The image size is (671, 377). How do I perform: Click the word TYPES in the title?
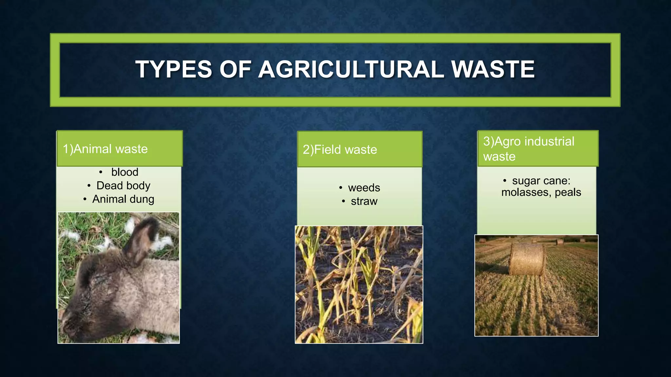tap(174, 69)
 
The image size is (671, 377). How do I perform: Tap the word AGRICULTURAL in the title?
tap(351, 69)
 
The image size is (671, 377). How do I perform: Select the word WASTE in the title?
tap(493, 69)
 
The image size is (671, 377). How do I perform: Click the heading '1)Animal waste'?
tap(105, 149)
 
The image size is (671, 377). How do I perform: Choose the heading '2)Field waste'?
tap(340, 150)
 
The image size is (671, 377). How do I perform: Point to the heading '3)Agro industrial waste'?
tap(528, 149)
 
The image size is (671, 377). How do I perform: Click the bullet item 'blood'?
tap(125, 172)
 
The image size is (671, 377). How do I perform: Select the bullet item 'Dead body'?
tap(123, 186)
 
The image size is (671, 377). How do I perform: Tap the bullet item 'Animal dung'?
tap(123, 199)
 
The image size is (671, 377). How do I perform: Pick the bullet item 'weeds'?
tap(364, 188)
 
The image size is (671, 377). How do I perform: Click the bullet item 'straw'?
tap(364, 201)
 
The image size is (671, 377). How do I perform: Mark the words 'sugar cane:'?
tap(541, 181)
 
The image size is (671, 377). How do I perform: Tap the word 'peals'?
tap(568, 192)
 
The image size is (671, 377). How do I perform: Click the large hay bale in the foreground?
tap(527, 259)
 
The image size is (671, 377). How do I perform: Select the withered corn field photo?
tap(359, 285)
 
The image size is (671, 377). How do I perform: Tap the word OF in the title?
tap(235, 69)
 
